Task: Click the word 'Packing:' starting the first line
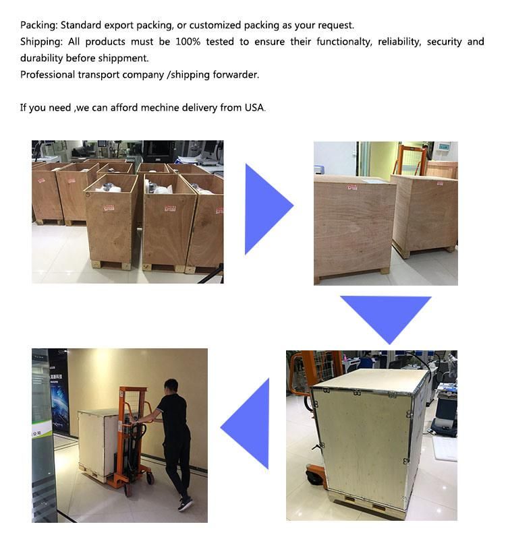click(x=39, y=26)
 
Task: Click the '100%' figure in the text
click(x=188, y=42)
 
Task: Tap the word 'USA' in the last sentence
click(x=254, y=108)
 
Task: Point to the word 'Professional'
click(x=47, y=75)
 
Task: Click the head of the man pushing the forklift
click(x=171, y=387)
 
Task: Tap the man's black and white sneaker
click(x=185, y=505)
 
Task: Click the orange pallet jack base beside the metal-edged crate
click(x=315, y=474)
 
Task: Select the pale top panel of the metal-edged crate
click(x=372, y=381)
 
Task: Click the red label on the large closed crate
click(x=352, y=187)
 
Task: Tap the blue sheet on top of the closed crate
click(x=374, y=180)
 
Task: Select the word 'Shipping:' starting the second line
click(x=41, y=42)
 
